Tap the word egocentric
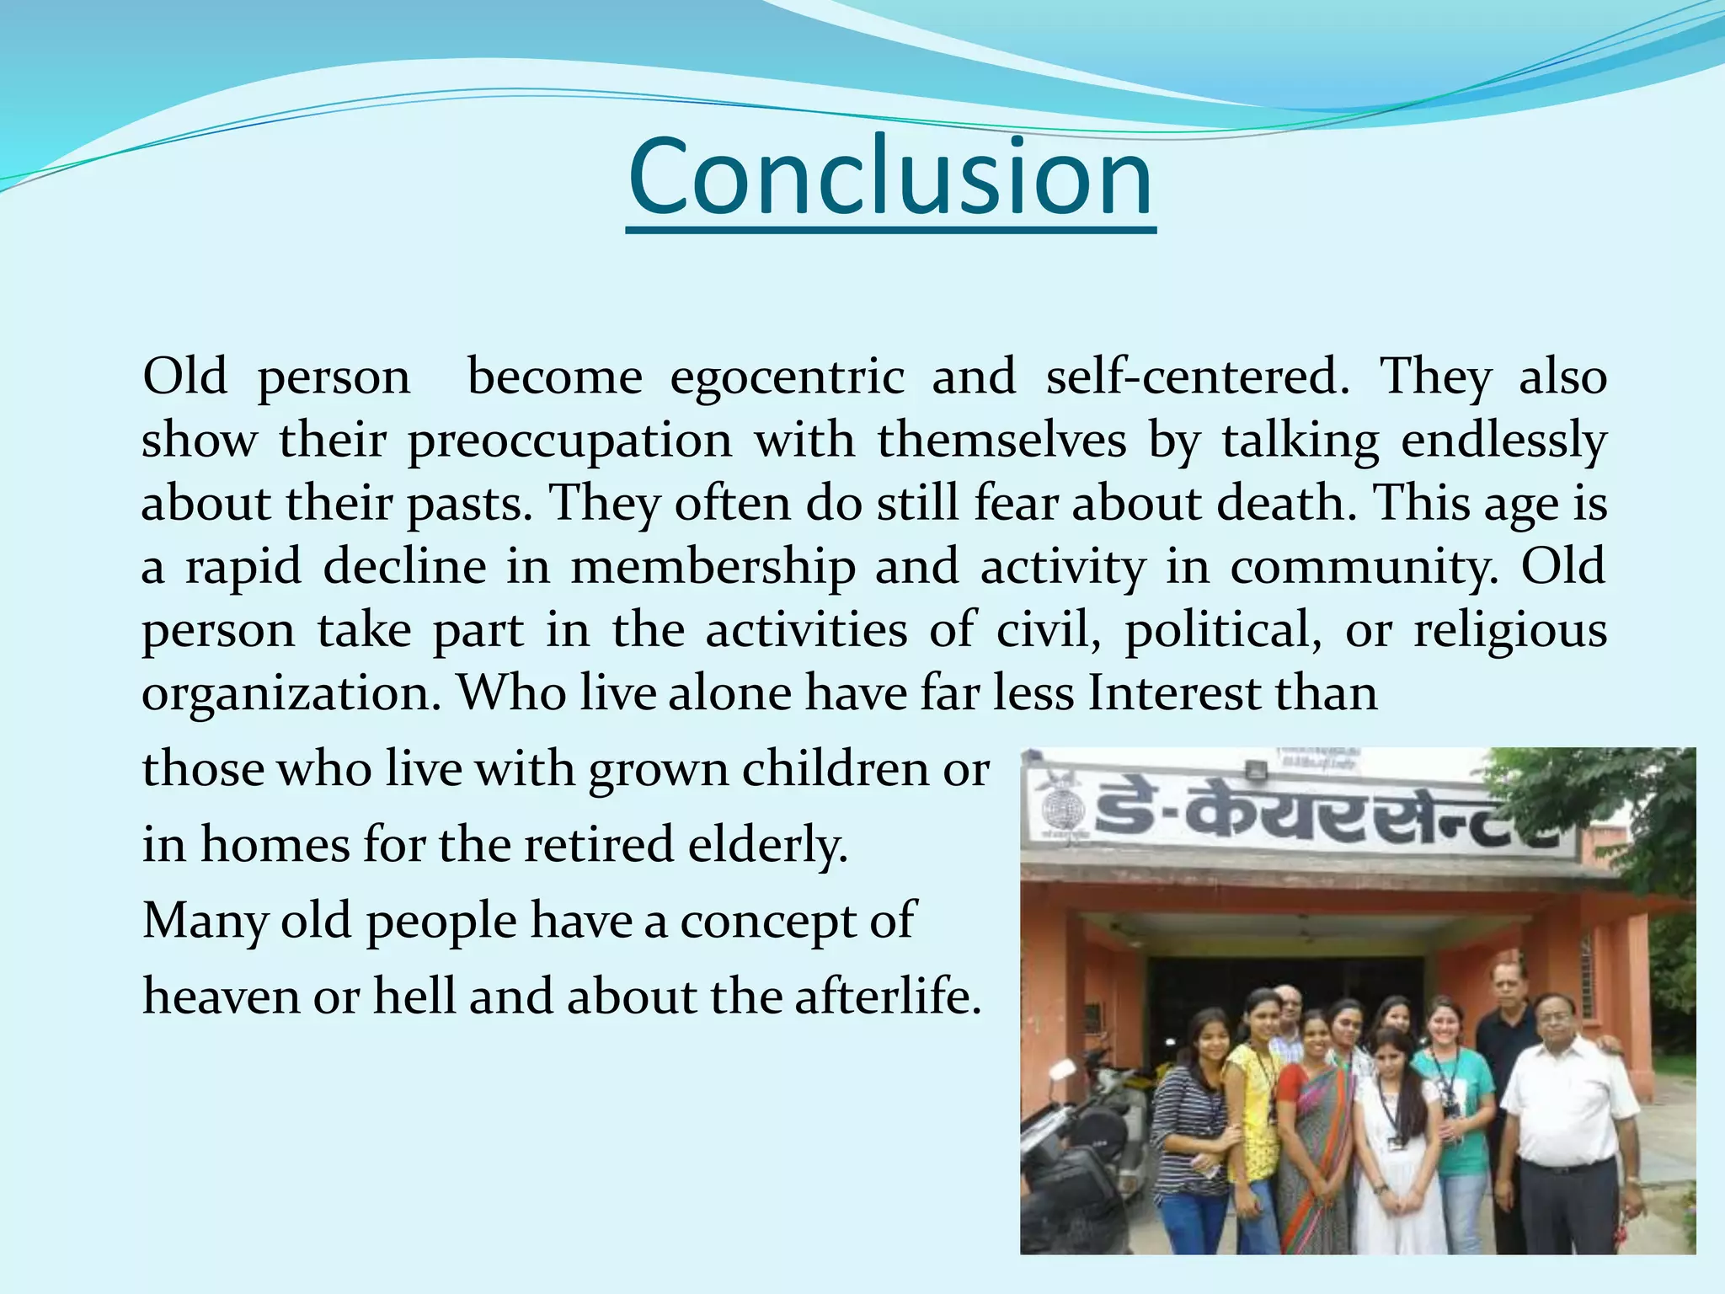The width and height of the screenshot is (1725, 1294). click(787, 377)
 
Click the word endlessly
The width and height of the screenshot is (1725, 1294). click(1503, 441)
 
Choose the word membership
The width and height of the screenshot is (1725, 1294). click(713, 566)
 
